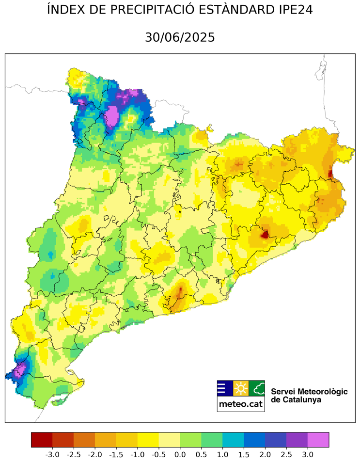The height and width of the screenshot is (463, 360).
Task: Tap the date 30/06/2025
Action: (x=180, y=37)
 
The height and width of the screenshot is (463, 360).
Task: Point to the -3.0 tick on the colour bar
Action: (x=52, y=454)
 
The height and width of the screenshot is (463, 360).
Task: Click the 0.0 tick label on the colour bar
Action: (x=180, y=454)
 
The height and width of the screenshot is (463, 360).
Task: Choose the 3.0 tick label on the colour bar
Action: (x=308, y=454)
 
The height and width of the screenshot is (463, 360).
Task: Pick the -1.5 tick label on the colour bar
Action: (x=116, y=454)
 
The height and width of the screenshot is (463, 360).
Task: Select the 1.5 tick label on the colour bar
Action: (x=244, y=454)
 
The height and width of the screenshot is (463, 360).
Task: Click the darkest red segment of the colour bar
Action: (x=42, y=440)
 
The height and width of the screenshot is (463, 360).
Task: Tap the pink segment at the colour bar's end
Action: (x=318, y=440)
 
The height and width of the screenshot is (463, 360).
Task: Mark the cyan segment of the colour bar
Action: (x=233, y=440)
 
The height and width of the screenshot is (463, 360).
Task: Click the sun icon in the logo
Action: (x=241, y=388)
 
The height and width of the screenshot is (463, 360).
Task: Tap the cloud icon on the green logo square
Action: (x=257, y=388)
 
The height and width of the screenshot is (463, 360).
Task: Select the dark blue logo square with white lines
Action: (x=224, y=388)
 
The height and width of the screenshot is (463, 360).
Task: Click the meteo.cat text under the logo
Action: (x=241, y=404)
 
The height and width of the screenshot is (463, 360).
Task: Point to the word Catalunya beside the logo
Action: (x=289, y=400)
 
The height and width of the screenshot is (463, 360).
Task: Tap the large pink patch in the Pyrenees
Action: (x=112, y=116)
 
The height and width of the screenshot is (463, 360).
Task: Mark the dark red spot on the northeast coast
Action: (x=330, y=173)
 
